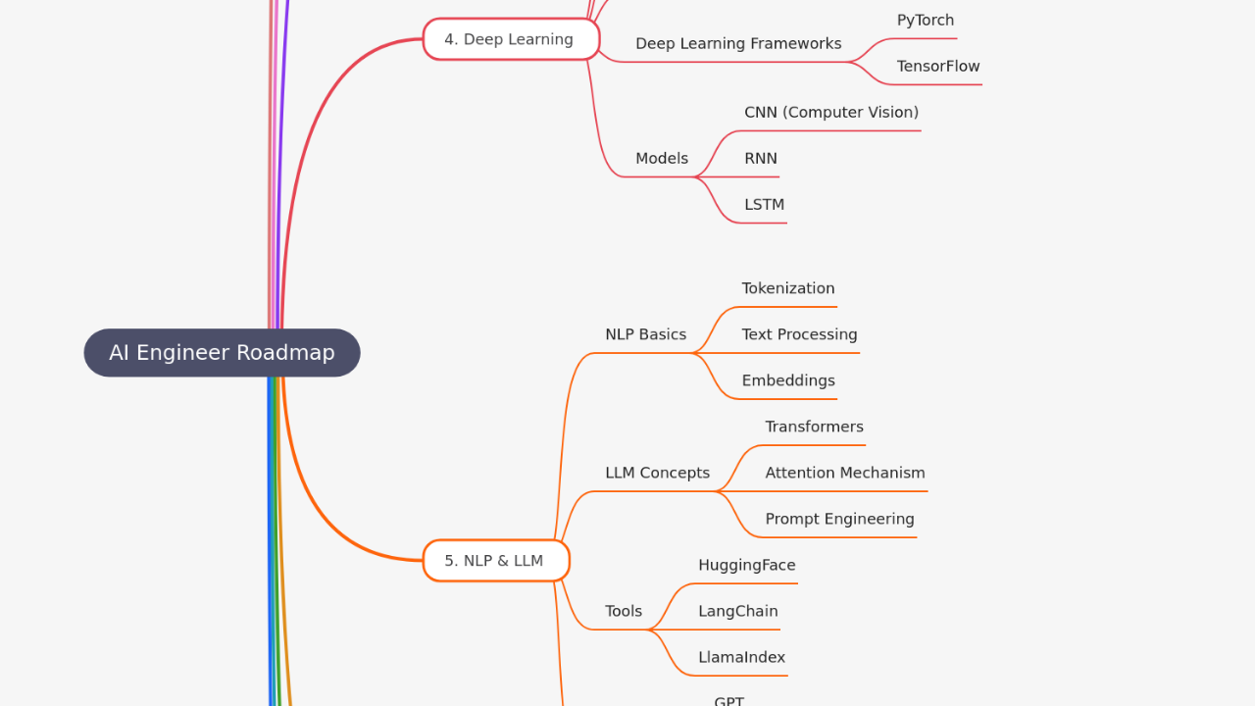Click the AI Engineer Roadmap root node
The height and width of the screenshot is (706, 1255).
pos(222,353)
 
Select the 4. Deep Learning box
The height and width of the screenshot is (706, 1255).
pos(511,39)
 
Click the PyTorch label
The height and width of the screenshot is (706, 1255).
pos(925,21)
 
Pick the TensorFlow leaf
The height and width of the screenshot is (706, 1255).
pos(937,67)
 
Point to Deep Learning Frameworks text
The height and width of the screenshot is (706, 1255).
pos(737,44)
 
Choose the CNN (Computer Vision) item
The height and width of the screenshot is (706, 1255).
pos(830,113)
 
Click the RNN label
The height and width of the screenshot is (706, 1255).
pos(760,159)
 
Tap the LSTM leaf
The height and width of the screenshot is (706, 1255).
pos(764,205)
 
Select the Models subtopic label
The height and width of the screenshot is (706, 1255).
pos(661,159)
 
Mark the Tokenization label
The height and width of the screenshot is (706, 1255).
pos(787,288)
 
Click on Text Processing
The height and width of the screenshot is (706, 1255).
pos(799,334)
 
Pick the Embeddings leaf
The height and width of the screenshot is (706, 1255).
pos(787,380)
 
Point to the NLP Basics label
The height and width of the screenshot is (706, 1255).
pos(645,334)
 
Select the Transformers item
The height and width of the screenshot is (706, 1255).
pos(814,427)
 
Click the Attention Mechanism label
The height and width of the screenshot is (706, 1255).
pos(844,473)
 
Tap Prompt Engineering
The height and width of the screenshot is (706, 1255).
pos(839,519)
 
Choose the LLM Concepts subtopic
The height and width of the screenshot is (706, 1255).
pos(657,473)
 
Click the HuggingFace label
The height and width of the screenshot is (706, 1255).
pos(746,565)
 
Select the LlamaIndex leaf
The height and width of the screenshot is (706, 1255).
pos(741,657)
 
